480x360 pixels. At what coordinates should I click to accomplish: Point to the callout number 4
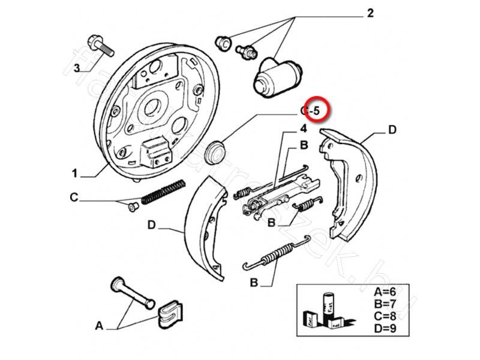coord(304,128)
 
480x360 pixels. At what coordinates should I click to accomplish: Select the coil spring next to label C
coord(161,193)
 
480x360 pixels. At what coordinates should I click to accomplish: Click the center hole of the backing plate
coord(151,106)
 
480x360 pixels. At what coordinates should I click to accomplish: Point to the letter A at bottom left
coord(99,326)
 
